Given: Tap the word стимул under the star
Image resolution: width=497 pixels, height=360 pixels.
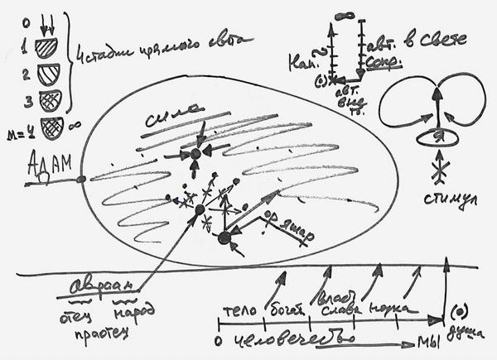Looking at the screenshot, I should [455, 201].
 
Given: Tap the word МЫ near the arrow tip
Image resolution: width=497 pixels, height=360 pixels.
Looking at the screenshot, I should [427, 341].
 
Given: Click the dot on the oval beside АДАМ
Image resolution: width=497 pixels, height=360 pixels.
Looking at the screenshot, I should [81, 179].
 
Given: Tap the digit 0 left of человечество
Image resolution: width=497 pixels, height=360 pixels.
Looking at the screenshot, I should [217, 339].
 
